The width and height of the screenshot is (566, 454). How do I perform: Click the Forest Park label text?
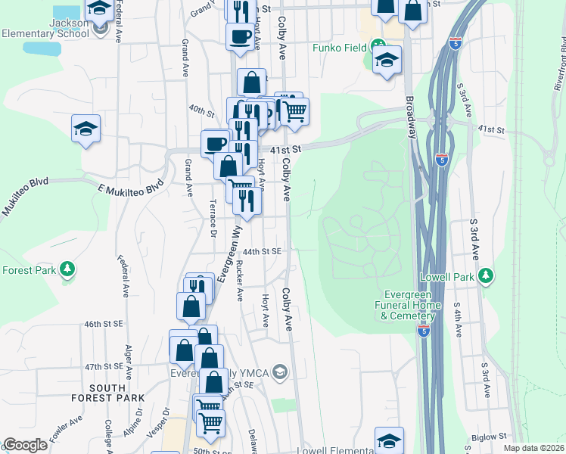point(27,269)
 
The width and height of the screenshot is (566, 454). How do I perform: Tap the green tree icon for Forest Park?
point(67,269)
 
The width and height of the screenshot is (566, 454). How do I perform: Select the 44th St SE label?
point(262,251)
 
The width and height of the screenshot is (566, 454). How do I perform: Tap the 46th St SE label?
point(103,324)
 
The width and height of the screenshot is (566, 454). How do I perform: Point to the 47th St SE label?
point(104,365)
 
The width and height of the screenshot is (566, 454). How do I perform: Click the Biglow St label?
point(487,437)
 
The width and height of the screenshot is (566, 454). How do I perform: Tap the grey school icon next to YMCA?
point(280,371)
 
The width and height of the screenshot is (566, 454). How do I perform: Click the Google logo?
point(25,445)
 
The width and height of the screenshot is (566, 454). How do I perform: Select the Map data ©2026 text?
point(533,448)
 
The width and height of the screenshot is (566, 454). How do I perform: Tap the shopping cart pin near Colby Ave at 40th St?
point(294,111)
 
